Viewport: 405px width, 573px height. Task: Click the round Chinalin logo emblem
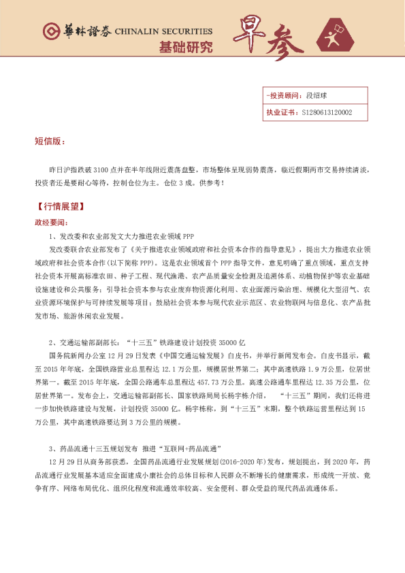pyautogui.click(x=51, y=31)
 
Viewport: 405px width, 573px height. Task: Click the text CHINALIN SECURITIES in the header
pyautogui.click(x=163, y=31)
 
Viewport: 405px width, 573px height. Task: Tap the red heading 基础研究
pyautogui.click(x=185, y=47)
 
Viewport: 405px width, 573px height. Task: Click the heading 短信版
pyautogui.click(x=49, y=142)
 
